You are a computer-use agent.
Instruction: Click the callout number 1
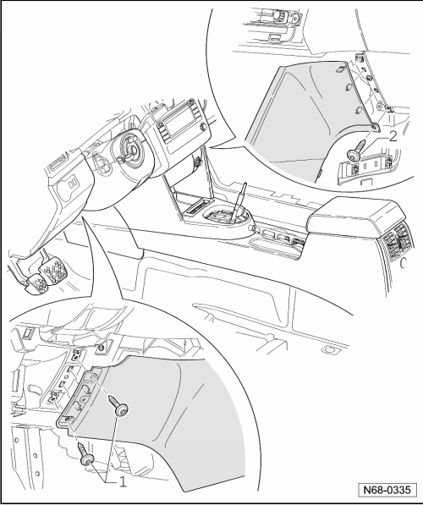pos(123,482)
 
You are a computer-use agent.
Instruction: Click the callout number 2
pos(393,137)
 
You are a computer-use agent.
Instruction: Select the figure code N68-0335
pos(387,491)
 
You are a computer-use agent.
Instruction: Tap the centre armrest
pos(356,216)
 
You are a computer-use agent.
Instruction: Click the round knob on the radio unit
pos(203,127)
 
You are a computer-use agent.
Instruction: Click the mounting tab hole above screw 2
pos(375,127)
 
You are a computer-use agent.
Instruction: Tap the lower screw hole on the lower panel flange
pos(68,419)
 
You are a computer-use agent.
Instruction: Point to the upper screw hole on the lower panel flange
pos(92,376)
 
